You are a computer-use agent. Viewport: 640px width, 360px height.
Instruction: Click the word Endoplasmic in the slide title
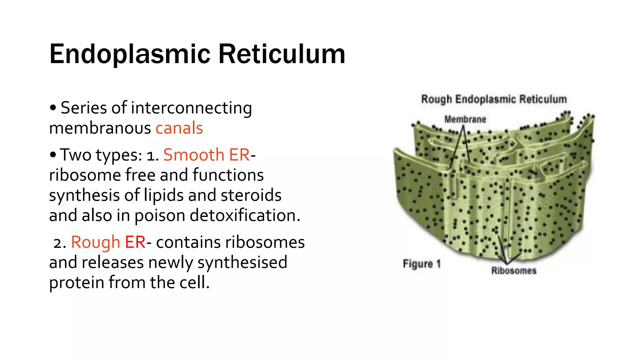130,54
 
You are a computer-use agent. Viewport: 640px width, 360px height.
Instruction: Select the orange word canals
179,128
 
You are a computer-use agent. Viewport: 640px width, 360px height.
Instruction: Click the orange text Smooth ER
206,155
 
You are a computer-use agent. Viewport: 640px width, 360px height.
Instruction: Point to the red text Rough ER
108,242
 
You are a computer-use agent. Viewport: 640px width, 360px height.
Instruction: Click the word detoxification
245,215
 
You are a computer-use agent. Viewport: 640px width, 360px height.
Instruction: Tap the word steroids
251,195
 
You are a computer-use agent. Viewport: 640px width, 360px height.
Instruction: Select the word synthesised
242,262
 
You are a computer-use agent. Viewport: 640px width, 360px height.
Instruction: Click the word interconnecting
191,108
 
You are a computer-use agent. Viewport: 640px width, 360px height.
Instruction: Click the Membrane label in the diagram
465,119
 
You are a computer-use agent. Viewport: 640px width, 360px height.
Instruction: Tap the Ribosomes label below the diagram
514,271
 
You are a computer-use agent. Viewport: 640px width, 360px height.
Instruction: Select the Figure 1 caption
422,264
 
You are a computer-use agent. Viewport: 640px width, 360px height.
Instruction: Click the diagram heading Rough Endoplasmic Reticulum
494,99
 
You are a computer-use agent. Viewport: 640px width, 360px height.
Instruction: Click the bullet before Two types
53,155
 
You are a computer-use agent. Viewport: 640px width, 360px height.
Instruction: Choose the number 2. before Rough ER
59,243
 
